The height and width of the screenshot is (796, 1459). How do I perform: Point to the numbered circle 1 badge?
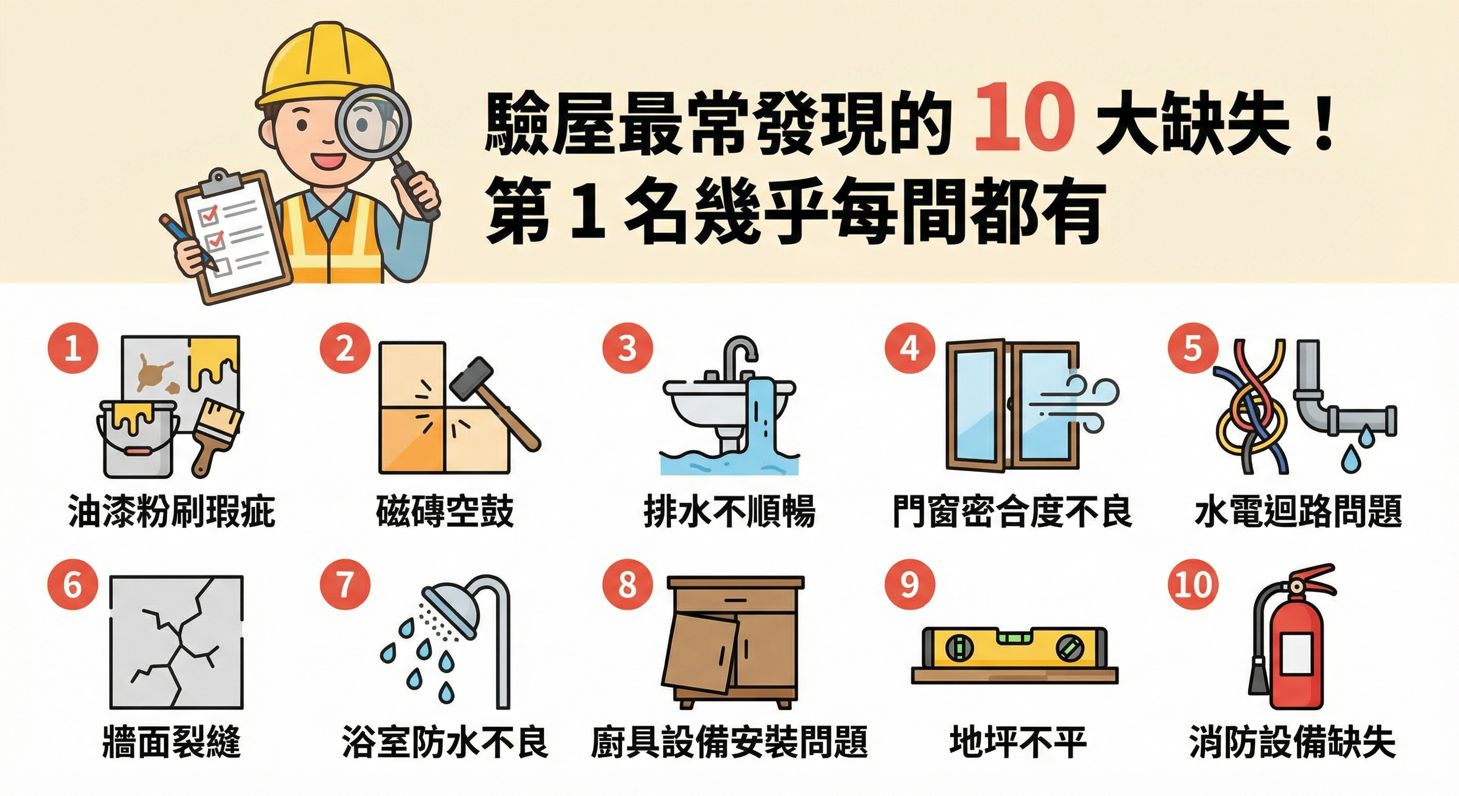click(73, 348)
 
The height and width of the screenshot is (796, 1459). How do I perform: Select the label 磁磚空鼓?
click(445, 511)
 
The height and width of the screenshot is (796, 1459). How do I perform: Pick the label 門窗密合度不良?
click(1011, 511)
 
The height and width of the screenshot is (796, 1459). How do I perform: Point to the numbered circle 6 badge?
click(73, 584)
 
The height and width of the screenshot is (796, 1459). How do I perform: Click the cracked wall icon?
click(176, 643)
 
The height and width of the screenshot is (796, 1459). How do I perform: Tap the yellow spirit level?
click(1014, 648)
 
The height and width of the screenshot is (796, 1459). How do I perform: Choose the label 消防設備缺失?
click(1291, 742)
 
